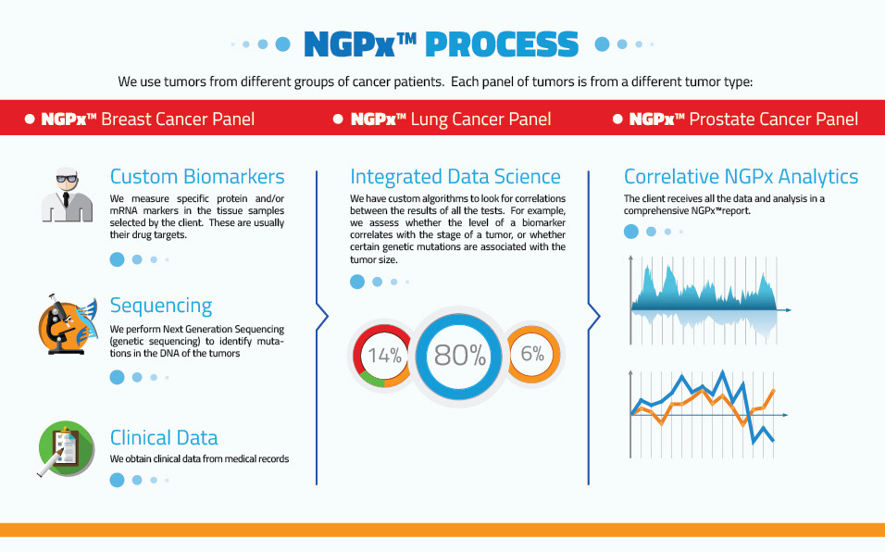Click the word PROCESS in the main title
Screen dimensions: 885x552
(502, 44)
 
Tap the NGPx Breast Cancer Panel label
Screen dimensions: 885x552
(147, 119)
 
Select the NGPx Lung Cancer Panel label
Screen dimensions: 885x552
(451, 119)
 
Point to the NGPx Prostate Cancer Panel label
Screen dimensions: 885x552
(743, 119)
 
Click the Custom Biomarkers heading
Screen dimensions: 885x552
(197, 177)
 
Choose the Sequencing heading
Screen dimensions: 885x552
(161, 306)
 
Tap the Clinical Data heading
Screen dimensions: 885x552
(164, 438)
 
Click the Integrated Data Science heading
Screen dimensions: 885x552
(455, 177)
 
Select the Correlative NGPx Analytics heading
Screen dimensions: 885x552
(742, 177)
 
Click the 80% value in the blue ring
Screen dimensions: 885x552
(460, 355)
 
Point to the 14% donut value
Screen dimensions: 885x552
(384, 355)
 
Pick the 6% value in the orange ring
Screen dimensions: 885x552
(532, 354)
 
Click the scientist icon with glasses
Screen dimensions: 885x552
(67, 194)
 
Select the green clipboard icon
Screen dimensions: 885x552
(66, 448)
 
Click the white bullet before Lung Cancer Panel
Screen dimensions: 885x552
(338, 119)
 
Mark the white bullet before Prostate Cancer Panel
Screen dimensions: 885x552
(617, 119)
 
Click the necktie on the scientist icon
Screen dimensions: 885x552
(66, 199)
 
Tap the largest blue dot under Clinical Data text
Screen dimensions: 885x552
(117, 481)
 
